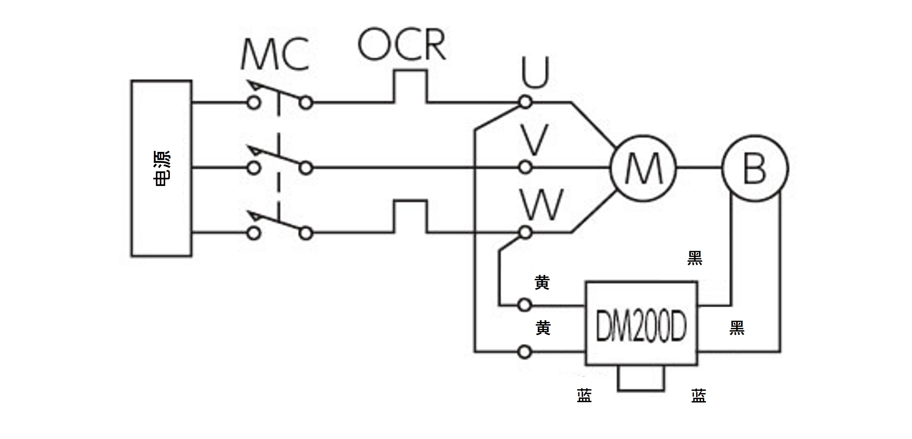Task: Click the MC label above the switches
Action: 275,55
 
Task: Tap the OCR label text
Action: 402,44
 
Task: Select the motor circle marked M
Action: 643,168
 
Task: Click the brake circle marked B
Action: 755,168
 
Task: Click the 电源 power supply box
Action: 161,168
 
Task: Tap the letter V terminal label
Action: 535,140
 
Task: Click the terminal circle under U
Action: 525,102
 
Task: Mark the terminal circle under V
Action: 525,167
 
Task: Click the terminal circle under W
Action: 525,233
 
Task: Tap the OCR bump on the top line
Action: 411,85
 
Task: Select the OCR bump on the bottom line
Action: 411,215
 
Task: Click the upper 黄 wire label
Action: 542,283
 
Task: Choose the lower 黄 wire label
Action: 543,328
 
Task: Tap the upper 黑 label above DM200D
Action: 695,258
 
